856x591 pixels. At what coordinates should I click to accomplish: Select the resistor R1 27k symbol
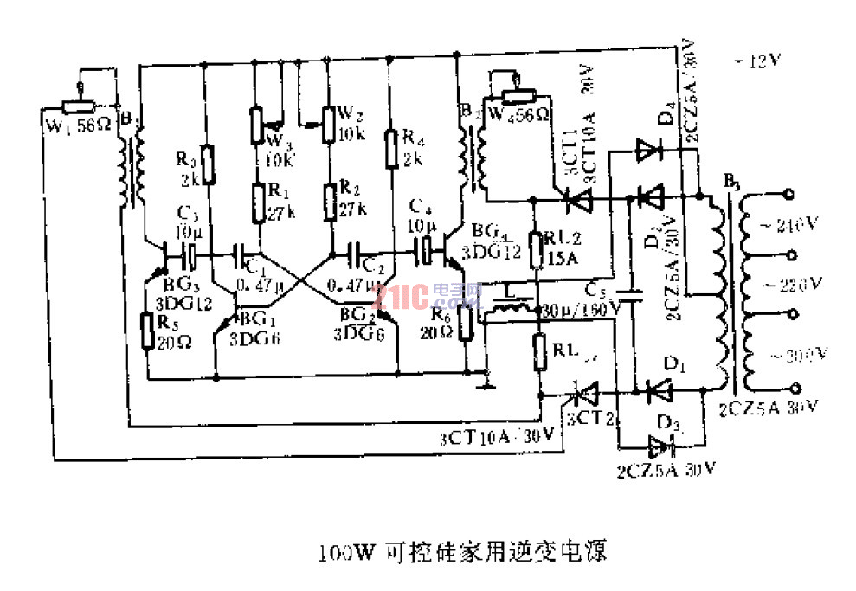[x=258, y=202]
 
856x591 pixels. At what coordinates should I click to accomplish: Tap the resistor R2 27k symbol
[x=331, y=202]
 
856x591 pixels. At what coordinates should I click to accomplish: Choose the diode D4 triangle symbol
[x=646, y=151]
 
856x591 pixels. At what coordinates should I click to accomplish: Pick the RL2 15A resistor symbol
[x=537, y=248]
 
